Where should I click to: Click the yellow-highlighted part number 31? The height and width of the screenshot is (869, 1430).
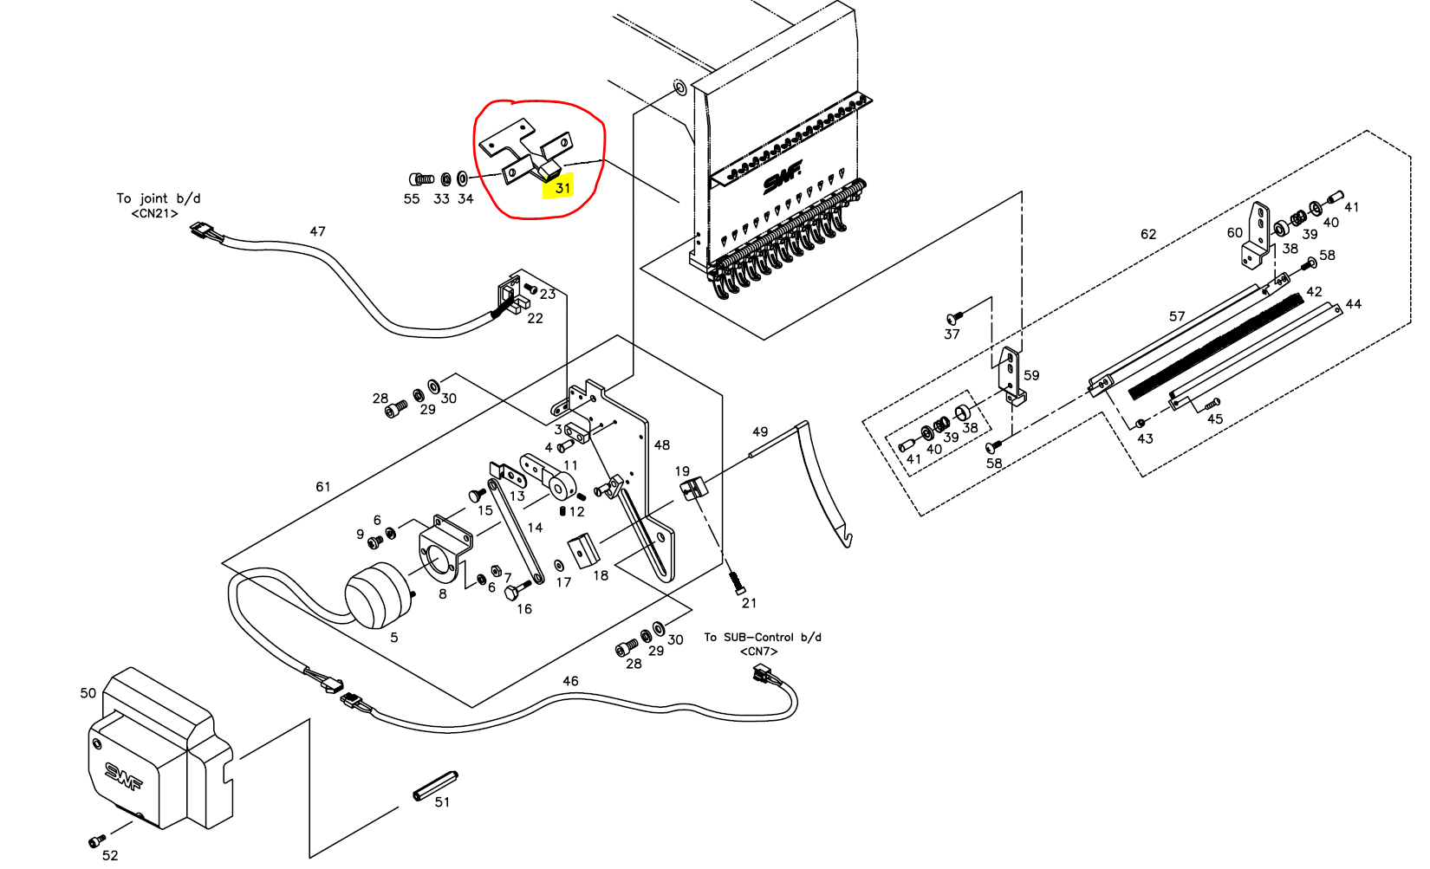[563, 187]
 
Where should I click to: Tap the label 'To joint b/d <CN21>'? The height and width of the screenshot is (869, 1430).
[158, 205]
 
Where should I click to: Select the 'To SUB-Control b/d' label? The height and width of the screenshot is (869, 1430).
[762, 638]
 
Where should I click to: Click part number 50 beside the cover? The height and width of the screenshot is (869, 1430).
[88, 693]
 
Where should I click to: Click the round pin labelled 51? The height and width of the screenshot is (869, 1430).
[434, 785]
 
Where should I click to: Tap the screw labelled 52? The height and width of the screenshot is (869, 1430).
[96, 840]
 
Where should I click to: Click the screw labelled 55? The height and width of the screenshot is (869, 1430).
[421, 179]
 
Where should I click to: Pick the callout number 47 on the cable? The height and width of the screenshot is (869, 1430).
[317, 231]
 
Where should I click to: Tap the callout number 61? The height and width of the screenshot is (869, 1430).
[323, 487]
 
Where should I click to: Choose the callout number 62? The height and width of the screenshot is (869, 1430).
[1148, 234]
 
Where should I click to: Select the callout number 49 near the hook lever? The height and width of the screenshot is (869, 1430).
[760, 431]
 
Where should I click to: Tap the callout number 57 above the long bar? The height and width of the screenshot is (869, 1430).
[1176, 316]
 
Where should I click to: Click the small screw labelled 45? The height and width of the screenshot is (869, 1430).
[1212, 403]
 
